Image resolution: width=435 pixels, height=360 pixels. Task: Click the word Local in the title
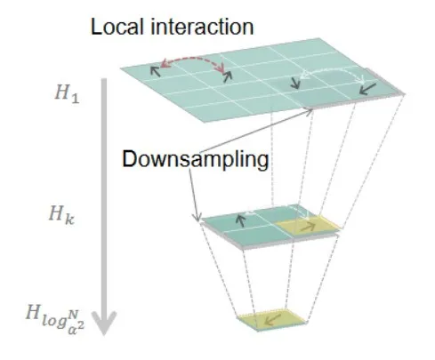pyautogui.click(x=118, y=27)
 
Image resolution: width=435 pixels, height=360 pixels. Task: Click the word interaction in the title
pyautogui.click(x=202, y=27)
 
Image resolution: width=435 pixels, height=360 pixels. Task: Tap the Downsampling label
pyautogui.click(x=196, y=160)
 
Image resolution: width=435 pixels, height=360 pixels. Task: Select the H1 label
pyautogui.click(x=68, y=93)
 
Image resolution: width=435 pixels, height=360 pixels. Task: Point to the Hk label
pyautogui.click(x=61, y=215)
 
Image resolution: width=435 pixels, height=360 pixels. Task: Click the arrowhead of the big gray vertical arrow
pyautogui.click(x=104, y=323)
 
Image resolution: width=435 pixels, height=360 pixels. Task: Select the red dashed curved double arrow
pyautogui.click(x=193, y=60)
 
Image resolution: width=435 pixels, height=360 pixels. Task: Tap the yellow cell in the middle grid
pyautogui.click(x=307, y=225)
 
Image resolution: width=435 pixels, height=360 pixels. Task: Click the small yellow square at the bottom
pyautogui.click(x=271, y=319)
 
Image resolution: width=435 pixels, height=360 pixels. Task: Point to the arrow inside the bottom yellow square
pyautogui.click(x=272, y=320)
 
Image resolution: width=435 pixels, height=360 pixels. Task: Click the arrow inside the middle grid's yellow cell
pyautogui.click(x=307, y=228)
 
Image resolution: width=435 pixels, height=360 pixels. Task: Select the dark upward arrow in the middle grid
pyautogui.click(x=241, y=220)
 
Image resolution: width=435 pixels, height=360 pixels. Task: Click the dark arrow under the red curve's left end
pyautogui.click(x=155, y=71)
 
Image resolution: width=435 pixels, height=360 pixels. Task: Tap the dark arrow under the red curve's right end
pyautogui.click(x=228, y=76)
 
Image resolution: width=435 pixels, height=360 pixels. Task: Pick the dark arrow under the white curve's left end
pyautogui.click(x=295, y=83)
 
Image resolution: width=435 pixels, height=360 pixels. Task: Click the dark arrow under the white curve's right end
pyautogui.click(x=367, y=89)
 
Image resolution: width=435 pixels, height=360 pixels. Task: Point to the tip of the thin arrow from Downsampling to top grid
pyautogui.click(x=312, y=110)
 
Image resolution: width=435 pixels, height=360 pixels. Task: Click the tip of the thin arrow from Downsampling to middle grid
pyautogui.click(x=196, y=221)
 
